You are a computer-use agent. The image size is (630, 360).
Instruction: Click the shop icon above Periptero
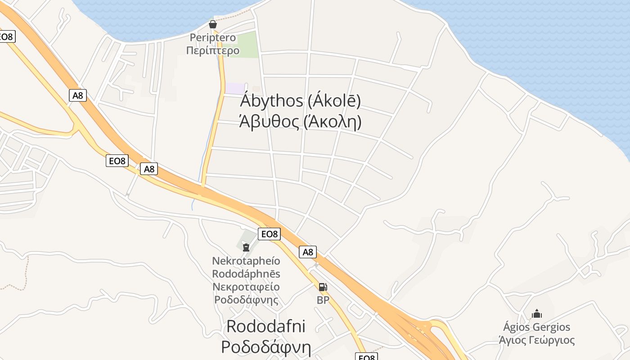click(x=213, y=24)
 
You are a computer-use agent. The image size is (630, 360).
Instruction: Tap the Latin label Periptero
click(x=213, y=37)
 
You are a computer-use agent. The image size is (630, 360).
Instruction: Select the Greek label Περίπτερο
click(x=213, y=50)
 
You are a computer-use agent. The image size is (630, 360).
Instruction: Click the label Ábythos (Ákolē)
click(x=301, y=101)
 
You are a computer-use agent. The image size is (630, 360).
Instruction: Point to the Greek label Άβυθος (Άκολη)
click(x=300, y=121)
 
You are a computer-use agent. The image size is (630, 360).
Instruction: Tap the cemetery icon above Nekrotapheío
click(x=246, y=247)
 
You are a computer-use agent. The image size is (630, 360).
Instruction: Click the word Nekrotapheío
click(x=246, y=261)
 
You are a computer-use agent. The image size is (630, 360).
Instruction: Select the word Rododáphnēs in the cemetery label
click(x=246, y=274)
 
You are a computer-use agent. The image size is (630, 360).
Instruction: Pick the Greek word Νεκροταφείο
click(x=246, y=287)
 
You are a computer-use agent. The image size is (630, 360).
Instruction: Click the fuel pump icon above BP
click(x=323, y=287)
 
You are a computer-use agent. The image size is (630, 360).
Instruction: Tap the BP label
click(x=323, y=300)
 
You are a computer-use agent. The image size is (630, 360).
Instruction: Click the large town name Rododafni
click(x=266, y=326)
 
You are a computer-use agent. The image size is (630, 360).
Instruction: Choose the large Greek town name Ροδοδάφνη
click(x=266, y=347)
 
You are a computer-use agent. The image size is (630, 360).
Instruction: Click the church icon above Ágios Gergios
click(x=536, y=314)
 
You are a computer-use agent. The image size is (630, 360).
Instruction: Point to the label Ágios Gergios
click(x=536, y=327)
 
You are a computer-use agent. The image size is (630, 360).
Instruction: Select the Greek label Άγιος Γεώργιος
click(x=536, y=340)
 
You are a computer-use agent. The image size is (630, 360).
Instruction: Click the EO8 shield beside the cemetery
click(x=269, y=234)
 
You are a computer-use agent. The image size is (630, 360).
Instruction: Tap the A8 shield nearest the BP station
click(x=308, y=252)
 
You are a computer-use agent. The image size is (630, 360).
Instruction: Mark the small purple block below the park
click(x=235, y=88)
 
